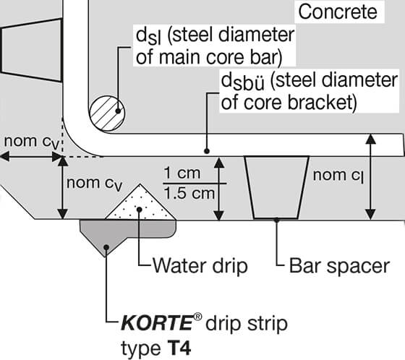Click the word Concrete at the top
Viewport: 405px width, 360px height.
pos(337,12)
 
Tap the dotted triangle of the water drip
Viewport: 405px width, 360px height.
pos(140,205)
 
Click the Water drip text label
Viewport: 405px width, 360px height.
pos(200,265)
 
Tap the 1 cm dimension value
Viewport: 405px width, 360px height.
pos(179,174)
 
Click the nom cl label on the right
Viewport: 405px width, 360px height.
pos(338,174)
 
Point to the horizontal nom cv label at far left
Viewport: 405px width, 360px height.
pos(29,140)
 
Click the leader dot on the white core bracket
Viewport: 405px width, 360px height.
pos(206,152)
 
